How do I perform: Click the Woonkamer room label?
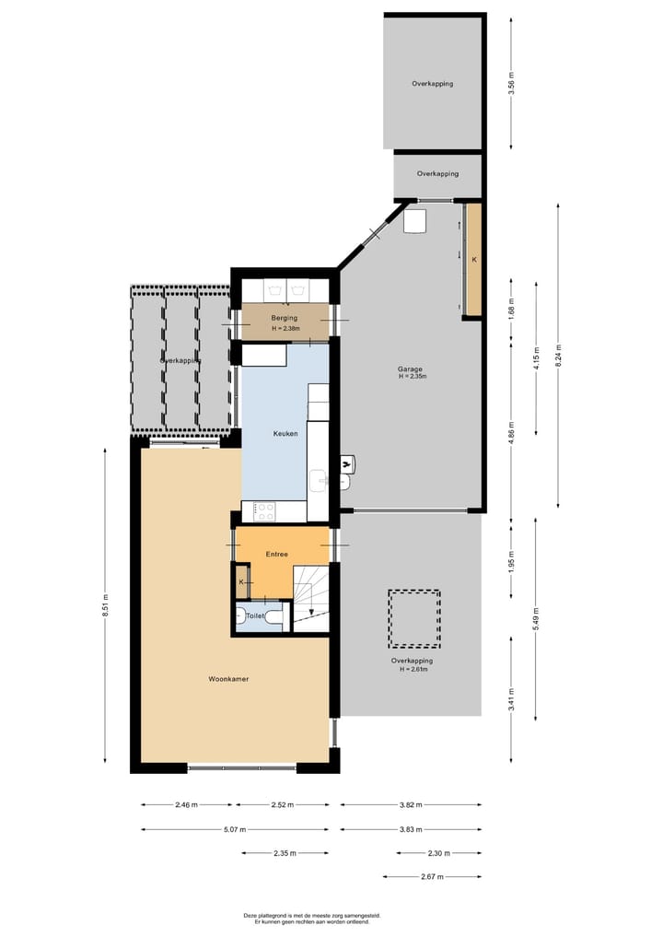(x=228, y=679)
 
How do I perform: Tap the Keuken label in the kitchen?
(x=285, y=433)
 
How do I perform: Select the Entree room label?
(x=277, y=554)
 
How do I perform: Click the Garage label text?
(x=411, y=369)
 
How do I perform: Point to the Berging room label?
(x=284, y=318)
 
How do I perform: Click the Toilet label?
(x=256, y=615)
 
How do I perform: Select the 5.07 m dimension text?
(x=235, y=829)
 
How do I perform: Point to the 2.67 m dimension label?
(x=432, y=877)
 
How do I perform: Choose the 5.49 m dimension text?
(x=535, y=619)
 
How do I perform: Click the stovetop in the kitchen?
(x=265, y=509)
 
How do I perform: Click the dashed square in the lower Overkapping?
(x=413, y=619)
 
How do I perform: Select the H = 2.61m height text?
(x=412, y=670)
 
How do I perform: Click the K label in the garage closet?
(x=474, y=261)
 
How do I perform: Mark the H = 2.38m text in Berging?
(x=285, y=329)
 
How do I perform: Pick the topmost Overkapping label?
(x=432, y=84)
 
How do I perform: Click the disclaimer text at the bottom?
(x=311, y=919)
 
